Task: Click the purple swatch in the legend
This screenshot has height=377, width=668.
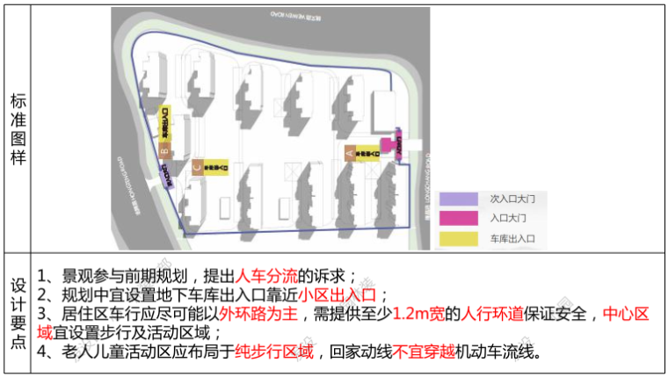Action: (x=456, y=200)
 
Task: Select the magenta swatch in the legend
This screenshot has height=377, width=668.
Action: (x=456, y=219)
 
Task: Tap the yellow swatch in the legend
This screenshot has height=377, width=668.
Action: (x=456, y=238)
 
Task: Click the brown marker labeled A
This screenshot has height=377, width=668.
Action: (x=349, y=152)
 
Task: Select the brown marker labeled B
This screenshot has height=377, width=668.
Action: (x=163, y=151)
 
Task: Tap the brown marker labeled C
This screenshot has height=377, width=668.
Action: (x=197, y=165)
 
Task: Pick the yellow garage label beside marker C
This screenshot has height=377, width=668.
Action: (x=217, y=165)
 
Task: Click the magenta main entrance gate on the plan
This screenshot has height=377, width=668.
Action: (x=388, y=145)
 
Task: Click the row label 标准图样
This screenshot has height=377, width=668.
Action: (x=17, y=129)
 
